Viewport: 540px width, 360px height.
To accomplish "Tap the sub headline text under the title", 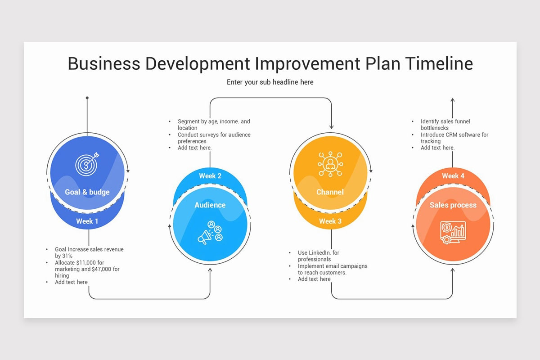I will coord(270,82).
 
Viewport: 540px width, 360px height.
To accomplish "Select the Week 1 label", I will coord(87,221).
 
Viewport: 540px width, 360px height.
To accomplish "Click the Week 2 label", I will coord(210,175).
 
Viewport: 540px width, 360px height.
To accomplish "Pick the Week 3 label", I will coord(330,221).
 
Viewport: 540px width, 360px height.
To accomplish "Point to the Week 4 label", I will coord(453,175).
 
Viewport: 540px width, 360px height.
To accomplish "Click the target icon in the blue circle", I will coord(87,165).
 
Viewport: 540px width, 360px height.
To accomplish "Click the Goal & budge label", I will coord(87,192).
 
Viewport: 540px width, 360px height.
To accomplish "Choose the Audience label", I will coord(210,205).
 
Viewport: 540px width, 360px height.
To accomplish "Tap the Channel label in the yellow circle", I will coord(330,192).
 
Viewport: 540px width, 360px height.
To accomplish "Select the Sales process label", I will coord(453,205).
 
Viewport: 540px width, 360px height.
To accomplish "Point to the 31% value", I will coord(67,256).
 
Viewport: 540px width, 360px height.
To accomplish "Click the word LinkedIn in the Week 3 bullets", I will coord(319,253).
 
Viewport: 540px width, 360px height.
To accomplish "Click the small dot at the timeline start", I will coord(87,98).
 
